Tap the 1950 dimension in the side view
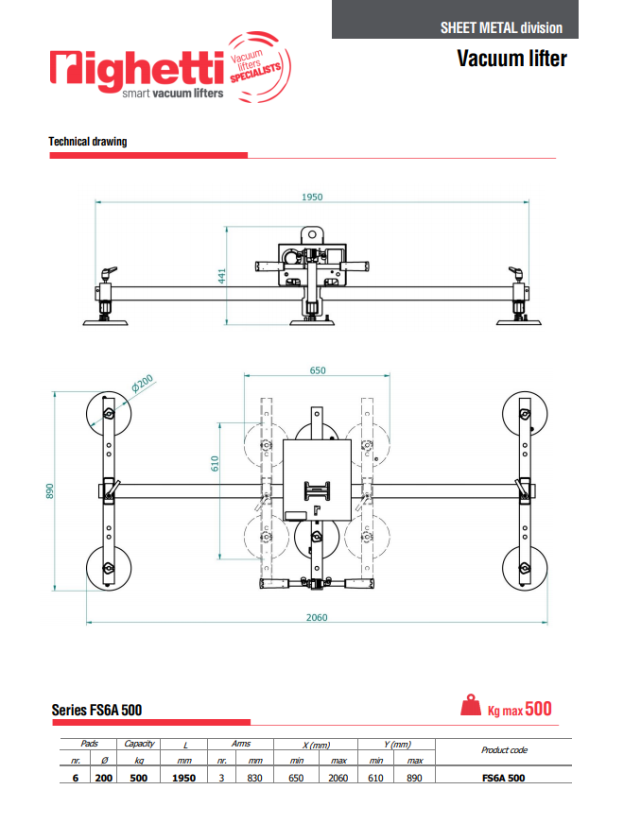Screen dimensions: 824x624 [x=312, y=197]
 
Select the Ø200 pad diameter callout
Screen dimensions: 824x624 [x=142, y=384]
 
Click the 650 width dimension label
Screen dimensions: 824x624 [x=317, y=370]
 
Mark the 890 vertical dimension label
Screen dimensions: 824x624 [x=52, y=491]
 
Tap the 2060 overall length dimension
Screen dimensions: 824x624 [x=317, y=616]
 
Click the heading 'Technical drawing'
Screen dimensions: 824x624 [x=88, y=142]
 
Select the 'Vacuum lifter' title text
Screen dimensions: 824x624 [x=511, y=59]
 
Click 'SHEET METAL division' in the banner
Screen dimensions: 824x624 [x=501, y=27]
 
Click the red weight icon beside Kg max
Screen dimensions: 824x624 [x=470, y=707]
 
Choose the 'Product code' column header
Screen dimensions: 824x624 [x=503, y=749]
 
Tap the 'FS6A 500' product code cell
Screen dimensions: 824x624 [x=503, y=778]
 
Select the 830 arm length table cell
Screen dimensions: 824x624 [x=255, y=778]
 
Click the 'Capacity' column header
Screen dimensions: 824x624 [x=139, y=744]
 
